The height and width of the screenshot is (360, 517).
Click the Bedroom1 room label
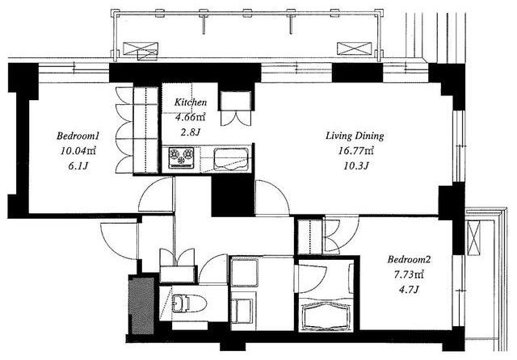pos(78,136)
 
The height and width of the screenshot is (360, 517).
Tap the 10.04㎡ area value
pos(78,151)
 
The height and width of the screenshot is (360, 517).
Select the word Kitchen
pos(191,102)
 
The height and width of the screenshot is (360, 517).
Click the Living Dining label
pos(355,136)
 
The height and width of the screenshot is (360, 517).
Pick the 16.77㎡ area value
pos(356,151)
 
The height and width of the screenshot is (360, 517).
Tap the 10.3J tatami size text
pos(356,165)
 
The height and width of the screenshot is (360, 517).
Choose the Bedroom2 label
pos(409,260)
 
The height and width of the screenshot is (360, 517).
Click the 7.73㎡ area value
pos(409,274)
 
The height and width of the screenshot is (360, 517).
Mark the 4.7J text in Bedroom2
pos(409,290)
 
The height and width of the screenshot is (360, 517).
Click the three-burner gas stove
pos(181,157)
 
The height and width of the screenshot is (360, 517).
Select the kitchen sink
pos(231,159)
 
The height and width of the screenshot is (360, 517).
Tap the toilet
pos(188,303)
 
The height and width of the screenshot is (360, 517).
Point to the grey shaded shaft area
pos(142,306)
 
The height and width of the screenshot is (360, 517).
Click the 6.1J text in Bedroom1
pos(78,165)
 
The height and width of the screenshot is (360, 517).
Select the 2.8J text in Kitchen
pos(191,132)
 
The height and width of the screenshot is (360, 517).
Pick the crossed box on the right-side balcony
pos(474,237)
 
